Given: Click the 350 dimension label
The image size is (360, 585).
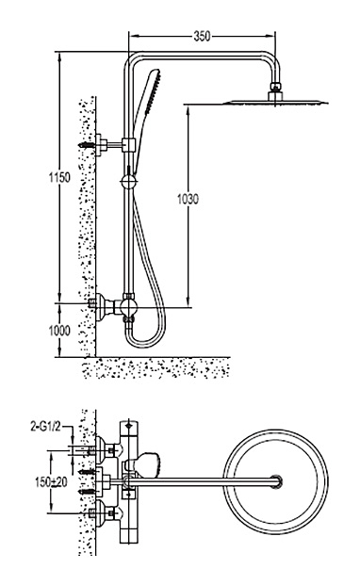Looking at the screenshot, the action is tap(202, 36).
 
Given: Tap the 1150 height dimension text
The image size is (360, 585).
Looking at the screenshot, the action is tap(59, 177).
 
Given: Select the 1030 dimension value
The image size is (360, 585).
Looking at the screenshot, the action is tap(188, 199).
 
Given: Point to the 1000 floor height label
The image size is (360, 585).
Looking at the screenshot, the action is tap(59, 331).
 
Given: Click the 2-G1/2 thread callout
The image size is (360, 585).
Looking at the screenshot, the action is tap(45, 426).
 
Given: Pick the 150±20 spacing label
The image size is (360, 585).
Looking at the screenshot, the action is tap(51, 482).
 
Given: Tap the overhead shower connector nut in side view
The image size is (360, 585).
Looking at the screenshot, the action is tap(275, 87).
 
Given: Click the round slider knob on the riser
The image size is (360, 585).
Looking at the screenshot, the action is tap(129, 182).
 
